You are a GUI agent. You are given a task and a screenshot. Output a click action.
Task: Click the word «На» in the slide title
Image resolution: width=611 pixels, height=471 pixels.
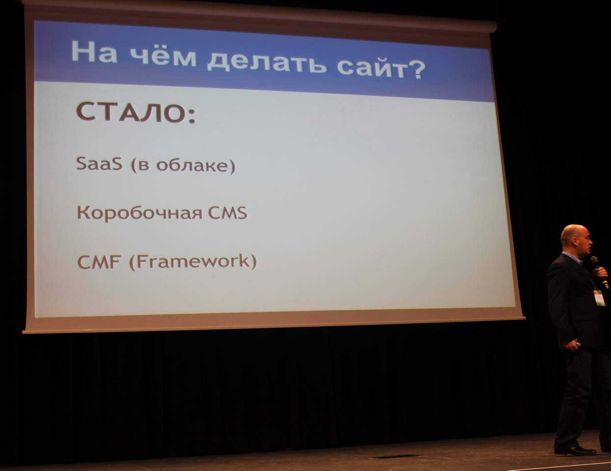[94, 52]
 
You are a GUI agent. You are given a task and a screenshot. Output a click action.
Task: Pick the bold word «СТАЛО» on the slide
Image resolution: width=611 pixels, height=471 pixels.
[131, 112]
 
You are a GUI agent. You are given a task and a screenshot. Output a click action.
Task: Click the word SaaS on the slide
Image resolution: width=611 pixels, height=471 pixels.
[99, 163]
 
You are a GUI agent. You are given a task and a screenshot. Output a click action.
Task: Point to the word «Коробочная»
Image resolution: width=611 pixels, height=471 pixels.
[139, 212]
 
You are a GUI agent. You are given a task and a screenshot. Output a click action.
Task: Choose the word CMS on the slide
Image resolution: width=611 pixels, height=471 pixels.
[228, 213]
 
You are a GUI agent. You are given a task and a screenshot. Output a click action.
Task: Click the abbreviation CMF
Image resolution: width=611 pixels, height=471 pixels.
[99, 262]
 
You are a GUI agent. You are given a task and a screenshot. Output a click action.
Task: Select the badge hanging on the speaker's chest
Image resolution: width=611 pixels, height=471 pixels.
[599, 298]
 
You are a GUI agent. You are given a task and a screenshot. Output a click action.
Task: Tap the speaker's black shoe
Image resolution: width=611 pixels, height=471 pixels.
[575, 450]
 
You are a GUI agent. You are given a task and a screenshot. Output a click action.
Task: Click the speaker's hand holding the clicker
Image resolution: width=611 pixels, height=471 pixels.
[571, 344]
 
